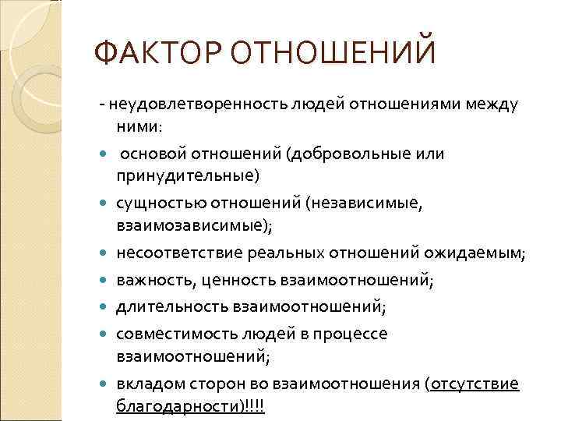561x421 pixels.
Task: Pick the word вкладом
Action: [151, 384]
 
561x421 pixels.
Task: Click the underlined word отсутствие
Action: [475, 384]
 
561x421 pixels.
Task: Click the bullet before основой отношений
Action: [105, 154]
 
